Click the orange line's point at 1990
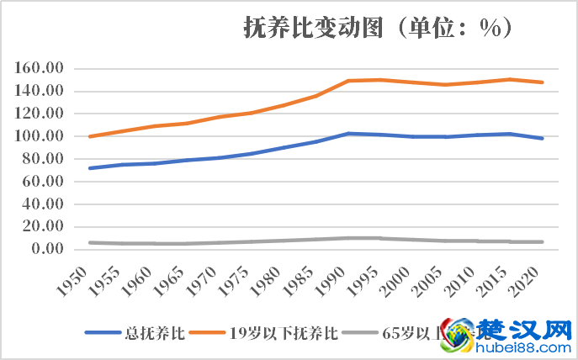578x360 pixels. (x=347, y=81)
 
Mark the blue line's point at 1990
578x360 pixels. (x=347, y=134)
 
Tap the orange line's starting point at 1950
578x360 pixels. (x=89, y=136)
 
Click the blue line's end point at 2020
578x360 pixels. (x=543, y=138)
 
